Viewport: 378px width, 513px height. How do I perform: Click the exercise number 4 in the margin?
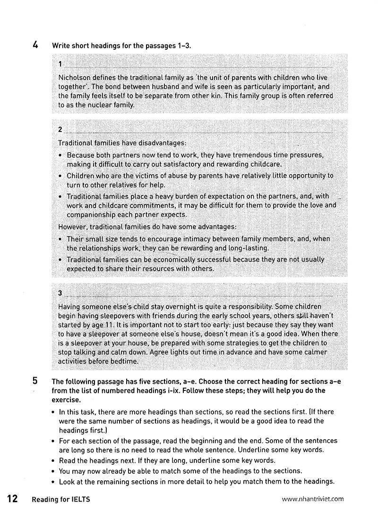[35, 45]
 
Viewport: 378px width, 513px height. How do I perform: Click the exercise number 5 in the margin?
[35, 381]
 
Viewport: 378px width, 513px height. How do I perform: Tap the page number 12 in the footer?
[12, 498]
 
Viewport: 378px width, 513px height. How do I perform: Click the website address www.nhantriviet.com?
[312, 498]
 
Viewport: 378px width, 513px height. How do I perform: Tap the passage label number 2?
[60, 129]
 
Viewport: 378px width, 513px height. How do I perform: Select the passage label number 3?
[60, 293]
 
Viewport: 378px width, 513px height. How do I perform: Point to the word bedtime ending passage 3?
[124, 362]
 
